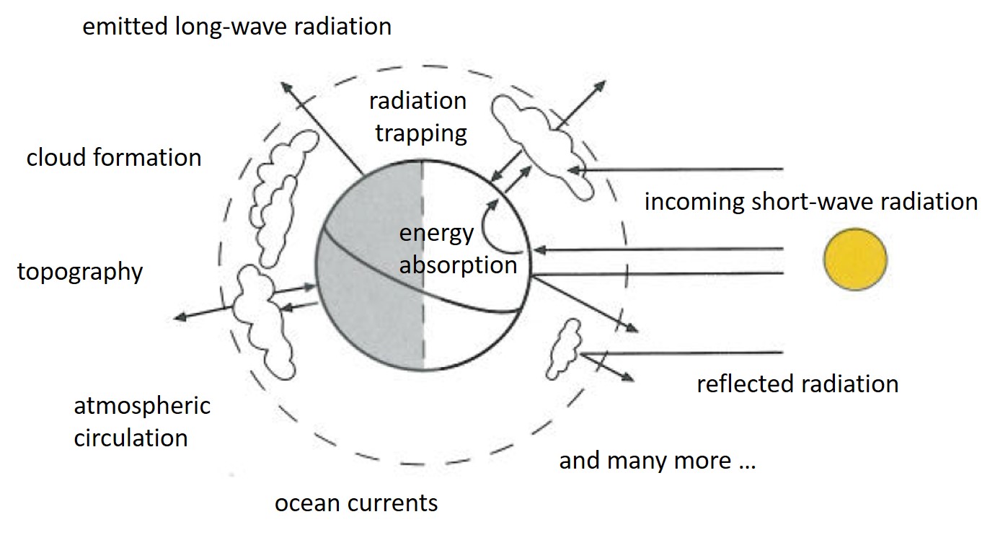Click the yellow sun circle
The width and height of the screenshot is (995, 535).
pos(855,260)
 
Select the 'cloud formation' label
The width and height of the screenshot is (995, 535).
pos(114,158)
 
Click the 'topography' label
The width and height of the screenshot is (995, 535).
pos(80,272)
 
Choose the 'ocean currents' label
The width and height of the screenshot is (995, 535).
pos(356,503)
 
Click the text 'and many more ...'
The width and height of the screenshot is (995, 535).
pos(658,461)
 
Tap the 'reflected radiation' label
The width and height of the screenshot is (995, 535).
pos(797,384)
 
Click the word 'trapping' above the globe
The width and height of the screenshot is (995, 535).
pos(421,134)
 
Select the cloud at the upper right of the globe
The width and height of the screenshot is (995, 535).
pos(542,146)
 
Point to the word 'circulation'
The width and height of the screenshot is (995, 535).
pos(131,438)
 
